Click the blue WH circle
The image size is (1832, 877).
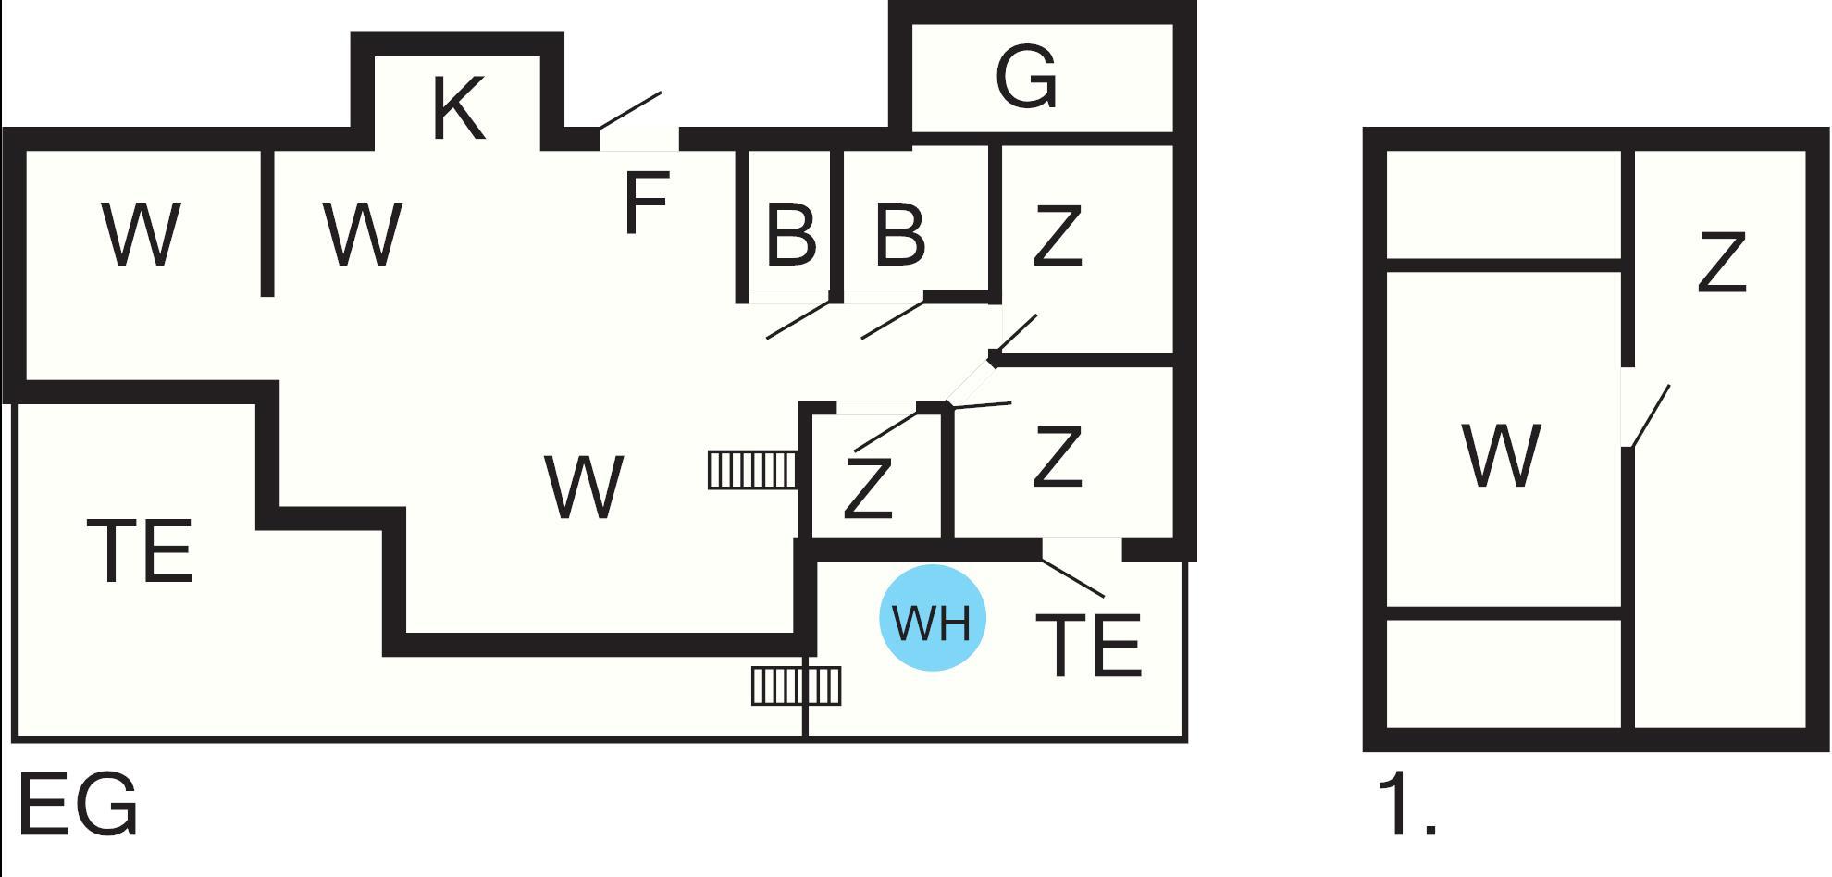[932, 618]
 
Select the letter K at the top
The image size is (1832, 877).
[457, 108]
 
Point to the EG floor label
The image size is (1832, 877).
[78, 806]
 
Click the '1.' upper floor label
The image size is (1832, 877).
[1406, 806]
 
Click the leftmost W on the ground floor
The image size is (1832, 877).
[141, 235]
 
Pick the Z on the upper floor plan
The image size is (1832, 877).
[1721, 263]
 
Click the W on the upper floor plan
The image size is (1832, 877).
[1501, 455]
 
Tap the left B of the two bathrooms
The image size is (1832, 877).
[791, 235]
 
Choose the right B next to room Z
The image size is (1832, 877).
[899, 235]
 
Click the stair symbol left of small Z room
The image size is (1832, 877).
[752, 469]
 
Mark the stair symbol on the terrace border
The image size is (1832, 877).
[796, 686]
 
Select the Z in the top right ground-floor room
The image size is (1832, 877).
[1057, 237]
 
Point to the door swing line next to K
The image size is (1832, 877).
[630, 110]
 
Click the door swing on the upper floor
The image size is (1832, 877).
[1650, 415]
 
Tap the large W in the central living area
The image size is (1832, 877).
[585, 487]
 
